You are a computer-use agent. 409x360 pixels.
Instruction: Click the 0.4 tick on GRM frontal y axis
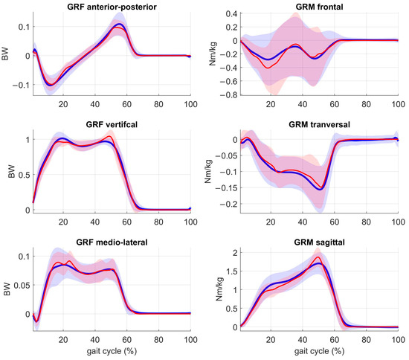tap(229, 14)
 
